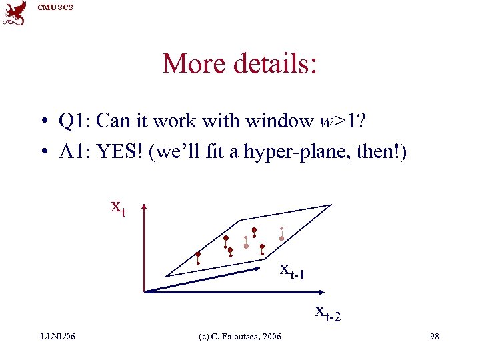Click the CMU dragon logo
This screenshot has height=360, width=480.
point(14,13)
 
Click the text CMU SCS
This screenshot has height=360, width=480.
point(56,7)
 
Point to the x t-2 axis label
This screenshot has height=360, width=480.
point(327,311)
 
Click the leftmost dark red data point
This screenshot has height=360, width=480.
point(198,254)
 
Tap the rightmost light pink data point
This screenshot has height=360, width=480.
point(281,238)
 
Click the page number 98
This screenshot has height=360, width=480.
point(434,336)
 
